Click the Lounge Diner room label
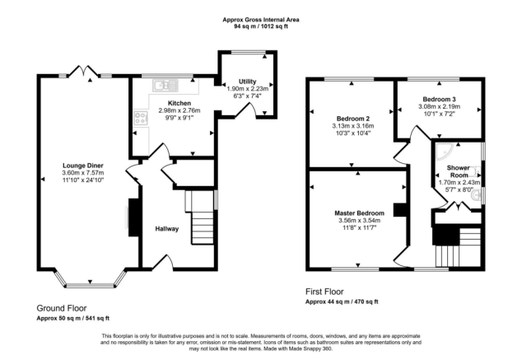[83, 166]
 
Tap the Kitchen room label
[179, 103]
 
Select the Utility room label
[247, 82]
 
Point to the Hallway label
[167, 229]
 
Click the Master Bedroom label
[360, 213]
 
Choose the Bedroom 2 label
[353, 119]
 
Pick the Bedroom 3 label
[439, 99]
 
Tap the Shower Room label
[459, 171]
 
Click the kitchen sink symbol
[165, 85]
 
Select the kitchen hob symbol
[141, 119]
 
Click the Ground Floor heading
[62, 308]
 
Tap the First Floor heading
[324, 292]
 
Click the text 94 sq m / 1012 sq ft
[261, 26]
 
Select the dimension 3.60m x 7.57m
[83, 173]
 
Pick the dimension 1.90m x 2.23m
[247, 89]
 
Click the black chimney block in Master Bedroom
[400, 210]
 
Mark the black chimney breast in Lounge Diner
[133, 217]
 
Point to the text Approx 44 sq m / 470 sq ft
[342, 302]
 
